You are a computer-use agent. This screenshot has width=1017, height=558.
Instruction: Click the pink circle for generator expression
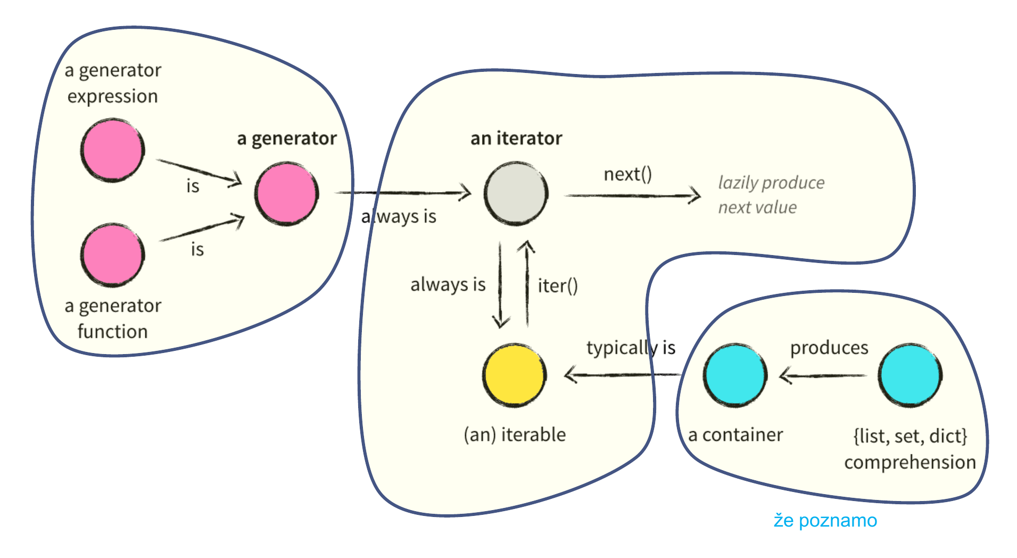[x=112, y=150]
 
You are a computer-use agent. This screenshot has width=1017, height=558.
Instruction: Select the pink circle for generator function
[x=112, y=255]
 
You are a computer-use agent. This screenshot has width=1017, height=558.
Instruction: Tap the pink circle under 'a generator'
[x=286, y=193]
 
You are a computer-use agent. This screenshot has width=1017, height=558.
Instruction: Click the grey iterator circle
[x=516, y=193]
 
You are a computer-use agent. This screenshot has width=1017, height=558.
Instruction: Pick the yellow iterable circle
[x=515, y=375]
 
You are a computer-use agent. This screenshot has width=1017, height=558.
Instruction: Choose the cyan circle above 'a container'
[x=735, y=375]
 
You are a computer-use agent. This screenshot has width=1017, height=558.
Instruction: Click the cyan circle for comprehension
[x=910, y=375]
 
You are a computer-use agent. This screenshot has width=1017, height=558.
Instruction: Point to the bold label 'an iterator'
[x=516, y=138]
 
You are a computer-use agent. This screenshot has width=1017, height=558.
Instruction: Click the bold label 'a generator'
[x=286, y=138]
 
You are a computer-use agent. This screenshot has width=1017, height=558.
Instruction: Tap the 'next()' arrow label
[x=627, y=174]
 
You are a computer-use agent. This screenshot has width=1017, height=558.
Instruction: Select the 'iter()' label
[x=557, y=286]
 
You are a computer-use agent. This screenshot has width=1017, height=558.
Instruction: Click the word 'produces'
[x=829, y=348]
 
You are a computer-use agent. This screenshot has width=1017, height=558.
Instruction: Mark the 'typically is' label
[x=631, y=348]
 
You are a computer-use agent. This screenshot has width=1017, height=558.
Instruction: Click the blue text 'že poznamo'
[x=825, y=520]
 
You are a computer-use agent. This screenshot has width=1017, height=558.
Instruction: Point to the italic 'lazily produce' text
[x=771, y=183]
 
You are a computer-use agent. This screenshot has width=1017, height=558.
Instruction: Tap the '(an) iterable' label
[x=515, y=434]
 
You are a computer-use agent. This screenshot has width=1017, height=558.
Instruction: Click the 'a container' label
[x=735, y=434]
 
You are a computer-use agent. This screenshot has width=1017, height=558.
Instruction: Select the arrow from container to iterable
[x=623, y=375]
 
